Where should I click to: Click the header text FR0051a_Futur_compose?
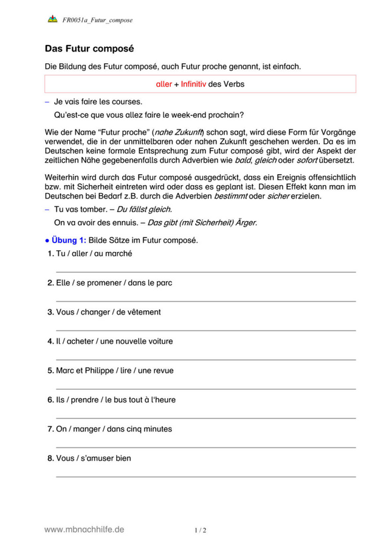tap(97, 20)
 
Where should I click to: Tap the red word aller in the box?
tap(163, 84)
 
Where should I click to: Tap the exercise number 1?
tap(50, 254)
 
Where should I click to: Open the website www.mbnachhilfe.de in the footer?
tap(84, 529)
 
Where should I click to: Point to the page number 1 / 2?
tap(201, 530)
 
